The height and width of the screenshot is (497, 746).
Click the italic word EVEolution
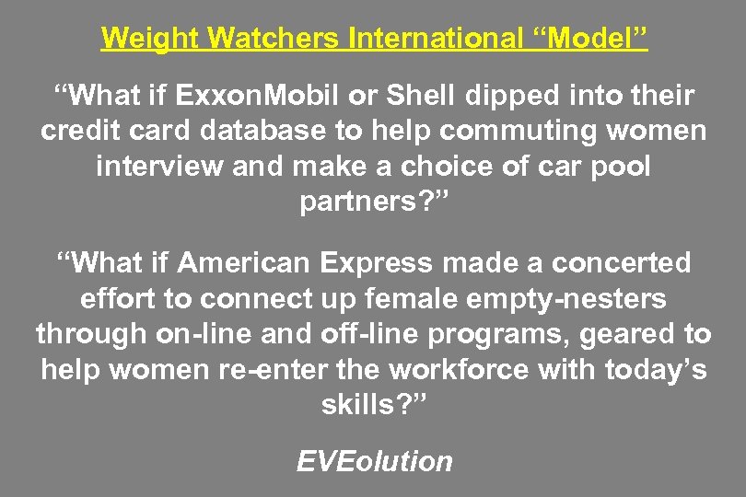374,461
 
